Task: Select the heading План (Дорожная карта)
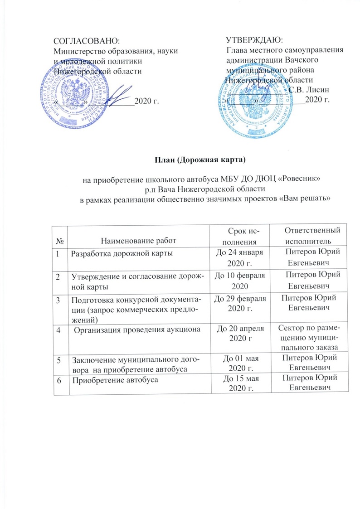pos(202,159)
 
